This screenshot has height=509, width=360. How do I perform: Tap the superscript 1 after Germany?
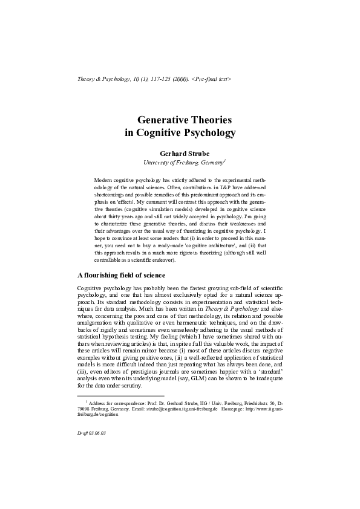[x=225, y=161]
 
